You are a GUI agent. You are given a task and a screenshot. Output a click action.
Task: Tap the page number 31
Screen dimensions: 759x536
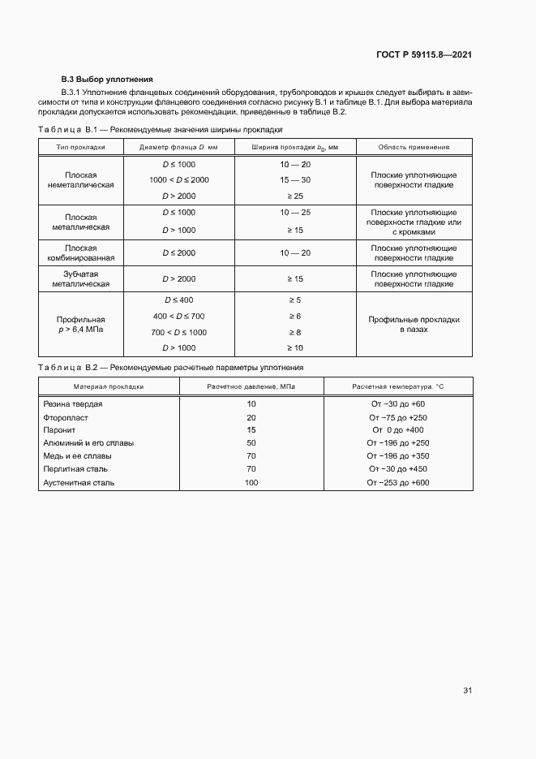tap(467, 691)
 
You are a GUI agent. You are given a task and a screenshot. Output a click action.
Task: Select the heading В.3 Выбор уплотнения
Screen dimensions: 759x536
tap(107, 80)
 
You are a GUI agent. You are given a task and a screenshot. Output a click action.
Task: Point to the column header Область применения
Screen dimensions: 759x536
tap(414, 147)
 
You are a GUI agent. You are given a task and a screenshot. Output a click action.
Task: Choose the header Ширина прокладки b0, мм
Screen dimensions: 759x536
tap(294, 147)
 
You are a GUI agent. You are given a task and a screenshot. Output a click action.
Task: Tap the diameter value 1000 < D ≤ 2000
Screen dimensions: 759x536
tap(178, 179)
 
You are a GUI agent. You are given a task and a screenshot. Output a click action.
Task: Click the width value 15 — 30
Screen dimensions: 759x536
tap(295, 179)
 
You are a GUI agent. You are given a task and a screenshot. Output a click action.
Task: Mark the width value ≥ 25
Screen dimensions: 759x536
tap(295, 196)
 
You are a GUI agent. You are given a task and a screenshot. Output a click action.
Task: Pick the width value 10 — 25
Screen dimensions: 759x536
tap(295, 212)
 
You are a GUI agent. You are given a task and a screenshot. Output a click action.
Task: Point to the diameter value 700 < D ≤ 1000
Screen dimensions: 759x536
tap(178, 332)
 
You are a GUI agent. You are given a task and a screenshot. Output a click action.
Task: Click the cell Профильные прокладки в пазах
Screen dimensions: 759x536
tap(414, 324)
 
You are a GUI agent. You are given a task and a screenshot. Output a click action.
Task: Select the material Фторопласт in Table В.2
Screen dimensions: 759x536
tap(66, 417)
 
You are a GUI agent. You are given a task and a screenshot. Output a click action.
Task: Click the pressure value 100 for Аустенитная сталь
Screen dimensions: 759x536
tap(251, 482)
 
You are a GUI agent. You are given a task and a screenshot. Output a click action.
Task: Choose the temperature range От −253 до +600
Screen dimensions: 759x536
tap(397, 482)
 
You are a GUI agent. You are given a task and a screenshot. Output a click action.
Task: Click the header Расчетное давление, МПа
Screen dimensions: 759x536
tap(251, 386)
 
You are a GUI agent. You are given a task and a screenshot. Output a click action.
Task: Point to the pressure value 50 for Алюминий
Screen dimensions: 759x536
tap(251, 443)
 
